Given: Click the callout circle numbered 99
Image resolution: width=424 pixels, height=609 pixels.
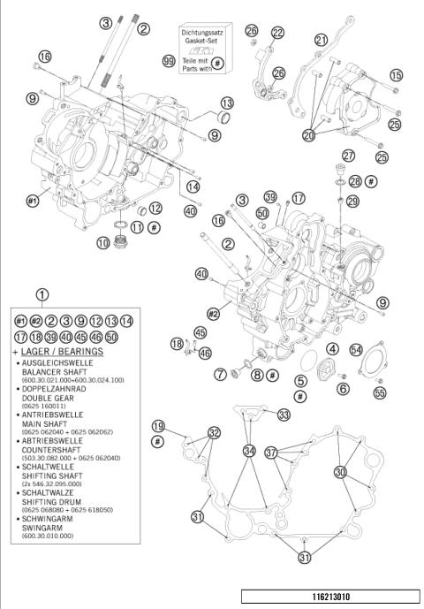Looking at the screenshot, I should pyautogui.click(x=168, y=61).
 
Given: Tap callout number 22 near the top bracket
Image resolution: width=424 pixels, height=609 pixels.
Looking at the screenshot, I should pyautogui.click(x=278, y=33).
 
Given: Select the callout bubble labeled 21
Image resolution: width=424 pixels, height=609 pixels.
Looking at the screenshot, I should pyautogui.click(x=320, y=40).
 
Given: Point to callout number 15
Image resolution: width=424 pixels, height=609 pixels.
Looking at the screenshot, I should pyautogui.click(x=396, y=76).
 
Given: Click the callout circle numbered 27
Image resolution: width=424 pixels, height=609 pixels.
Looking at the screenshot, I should pyautogui.click(x=348, y=156).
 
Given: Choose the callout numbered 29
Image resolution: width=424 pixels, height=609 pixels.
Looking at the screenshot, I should pyautogui.click(x=352, y=202).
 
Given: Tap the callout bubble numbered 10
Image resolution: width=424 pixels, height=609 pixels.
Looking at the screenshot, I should pyautogui.click(x=103, y=241).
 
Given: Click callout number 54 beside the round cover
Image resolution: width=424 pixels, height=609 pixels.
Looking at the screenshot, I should pyautogui.click(x=356, y=350).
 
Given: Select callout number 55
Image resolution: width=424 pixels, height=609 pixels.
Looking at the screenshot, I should pyautogui.click(x=380, y=391).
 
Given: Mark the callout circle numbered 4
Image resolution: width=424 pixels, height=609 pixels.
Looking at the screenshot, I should pyautogui.click(x=333, y=349).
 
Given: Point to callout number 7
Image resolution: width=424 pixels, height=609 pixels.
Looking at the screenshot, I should pyautogui.click(x=219, y=375).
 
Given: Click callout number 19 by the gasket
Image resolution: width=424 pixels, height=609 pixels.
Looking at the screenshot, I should pyautogui.click(x=158, y=426).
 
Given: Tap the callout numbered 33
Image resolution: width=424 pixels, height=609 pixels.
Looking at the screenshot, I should pyautogui.click(x=283, y=414).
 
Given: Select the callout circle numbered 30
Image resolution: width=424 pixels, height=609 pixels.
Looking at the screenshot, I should pyautogui.click(x=340, y=472).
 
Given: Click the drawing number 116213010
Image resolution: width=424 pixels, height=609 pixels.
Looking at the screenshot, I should pyautogui.click(x=329, y=596).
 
